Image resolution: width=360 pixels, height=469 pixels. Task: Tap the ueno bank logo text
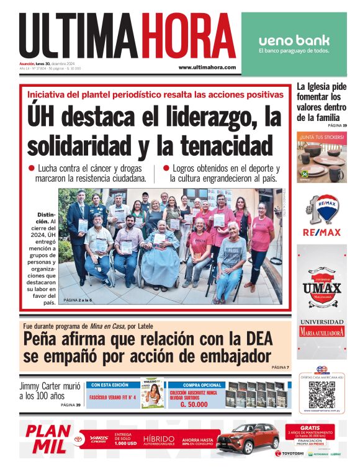tap(294, 40)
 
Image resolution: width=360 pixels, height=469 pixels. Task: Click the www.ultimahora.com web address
tap(207, 67)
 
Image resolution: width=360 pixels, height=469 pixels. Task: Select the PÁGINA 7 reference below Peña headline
tap(280, 367)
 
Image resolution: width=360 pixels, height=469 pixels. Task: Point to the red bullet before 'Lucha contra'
tap(31, 168)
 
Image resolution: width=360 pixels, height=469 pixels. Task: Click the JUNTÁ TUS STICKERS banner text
tap(321, 136)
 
